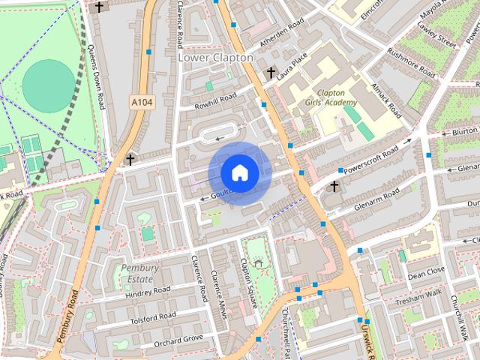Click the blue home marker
(x=239, y=172)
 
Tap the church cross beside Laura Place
(x=271, y=73)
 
